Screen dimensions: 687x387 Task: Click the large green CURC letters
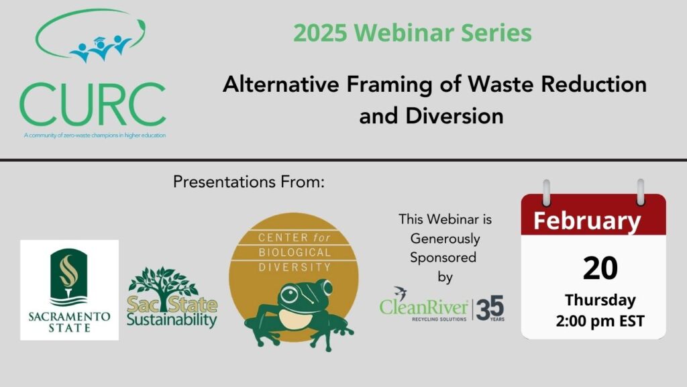pyautogui.click(x=93, y=104)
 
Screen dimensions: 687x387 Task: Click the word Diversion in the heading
pyautogui.click(x=454, y=116)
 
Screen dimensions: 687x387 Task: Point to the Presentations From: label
pyautogui.click(x=249, y=182)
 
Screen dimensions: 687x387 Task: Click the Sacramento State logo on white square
pyautogui.click(x=69, y=290)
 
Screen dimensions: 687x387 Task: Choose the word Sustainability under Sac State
pyautogui.click(x=172, y=320)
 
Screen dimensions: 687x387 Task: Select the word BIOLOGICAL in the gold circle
pyautogui.click(x=295, y=252)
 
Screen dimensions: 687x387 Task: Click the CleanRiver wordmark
pyautogui.click(x=424, y=307)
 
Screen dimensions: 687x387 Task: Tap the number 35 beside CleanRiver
pyautogui.click(x=490, y=308)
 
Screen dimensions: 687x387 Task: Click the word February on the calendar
pyautogui.click(x=587, y=221)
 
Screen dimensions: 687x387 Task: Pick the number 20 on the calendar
pyautogui.click(x=600, y=268)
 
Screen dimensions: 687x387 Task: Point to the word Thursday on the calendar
pyautogui.click(x=600, y=300)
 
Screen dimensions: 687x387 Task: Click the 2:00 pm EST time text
pyautogui.click(x=600, y=321)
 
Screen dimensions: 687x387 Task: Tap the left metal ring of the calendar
pyautogui.click(x=546, y=192)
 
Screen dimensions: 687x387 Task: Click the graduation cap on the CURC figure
pyautogui.click(x=100, y=40)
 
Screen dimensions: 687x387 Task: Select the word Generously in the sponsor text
pyautogui.click(x=445, y=239)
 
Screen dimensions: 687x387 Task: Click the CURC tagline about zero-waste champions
pyautogui.click(x=95, y=135)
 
